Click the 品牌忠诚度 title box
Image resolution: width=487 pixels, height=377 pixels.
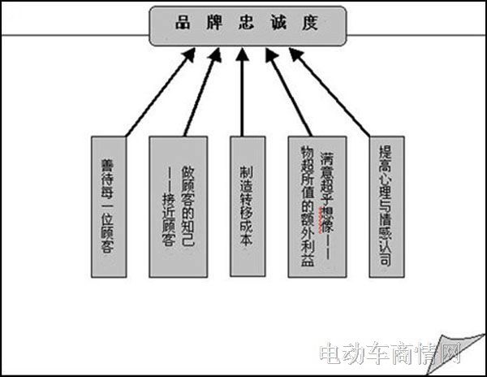(x=248, y=25)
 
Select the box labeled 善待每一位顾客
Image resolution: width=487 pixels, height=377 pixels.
(x=106, y=208)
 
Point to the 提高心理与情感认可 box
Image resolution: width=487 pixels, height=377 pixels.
(x=386, y=208)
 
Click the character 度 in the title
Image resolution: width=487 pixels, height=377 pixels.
(x=312, y=24)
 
